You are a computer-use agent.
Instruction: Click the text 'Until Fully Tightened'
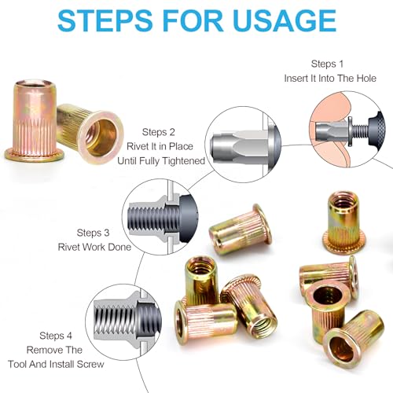tap(161, 160)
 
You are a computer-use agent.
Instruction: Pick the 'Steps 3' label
tap(98, 233)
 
